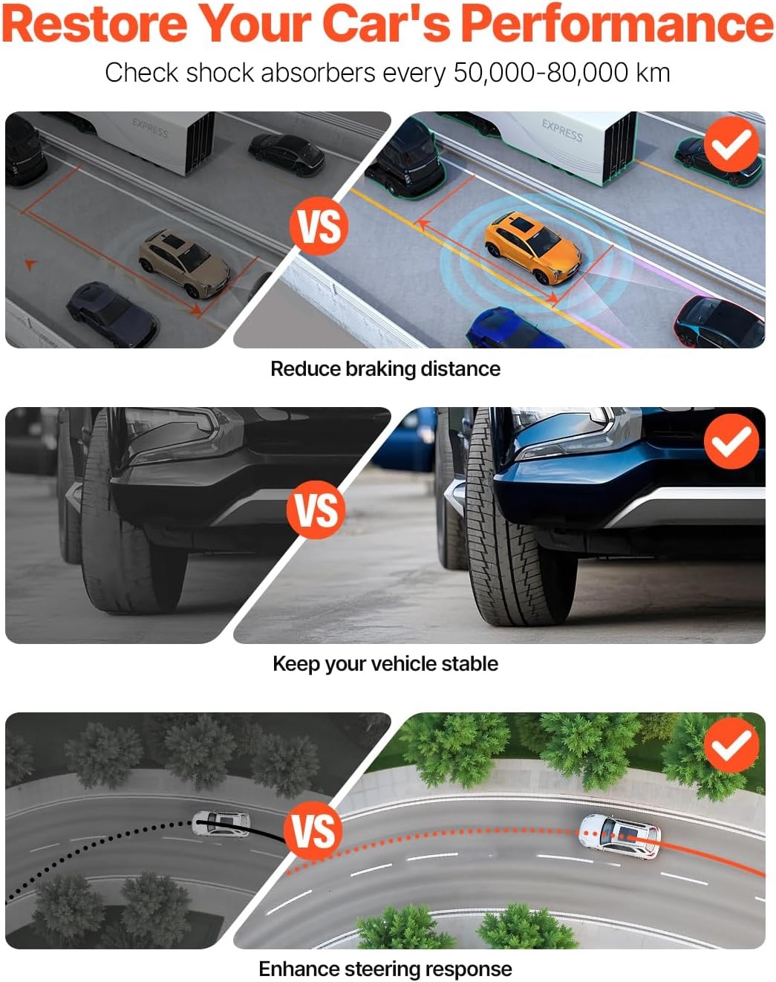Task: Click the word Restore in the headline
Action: [x=95, y=23]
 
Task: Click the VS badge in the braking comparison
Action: [x=319, y=227]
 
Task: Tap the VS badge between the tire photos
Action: [x=316, y=510]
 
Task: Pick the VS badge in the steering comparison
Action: [x=313, y=830]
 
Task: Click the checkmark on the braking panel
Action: [x=731, y=144]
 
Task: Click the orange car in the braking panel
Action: [x=532, y=247]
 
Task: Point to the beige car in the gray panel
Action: [x=184, y=263]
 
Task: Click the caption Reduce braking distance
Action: [x=385, y=368]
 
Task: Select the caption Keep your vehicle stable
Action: [x=385, y=664]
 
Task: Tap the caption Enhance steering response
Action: [x=385, y=968]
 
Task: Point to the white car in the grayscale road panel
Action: [x=221, y=824]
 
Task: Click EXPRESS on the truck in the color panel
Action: [x=561, y=131]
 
